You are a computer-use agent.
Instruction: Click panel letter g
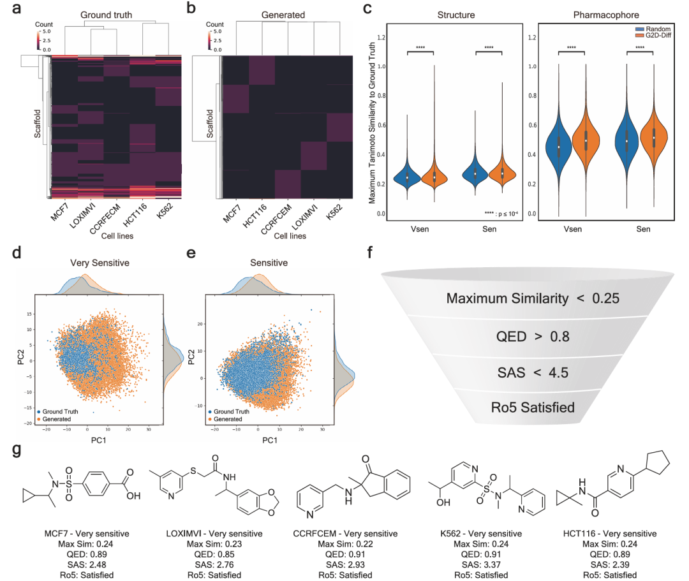[x=19, y=450]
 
